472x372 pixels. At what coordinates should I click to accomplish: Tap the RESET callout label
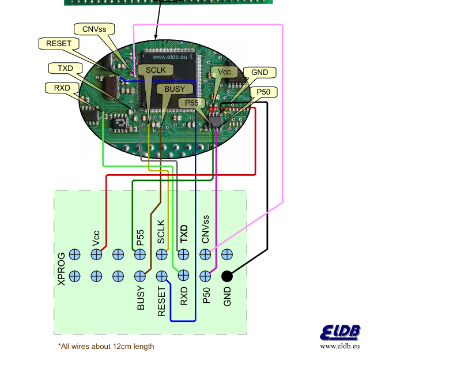coord(58,43)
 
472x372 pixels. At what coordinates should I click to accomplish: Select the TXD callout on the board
coord(65,68)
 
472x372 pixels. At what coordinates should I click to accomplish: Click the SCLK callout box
coord(155,70)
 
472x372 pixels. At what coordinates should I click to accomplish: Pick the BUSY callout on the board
coord(175,89)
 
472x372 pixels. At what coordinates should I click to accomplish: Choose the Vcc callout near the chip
coord(224,72)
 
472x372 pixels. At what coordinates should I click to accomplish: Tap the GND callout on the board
coord(260,72)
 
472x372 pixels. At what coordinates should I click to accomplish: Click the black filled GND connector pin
coord(227,276)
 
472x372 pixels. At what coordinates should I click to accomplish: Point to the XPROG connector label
coord(62,268)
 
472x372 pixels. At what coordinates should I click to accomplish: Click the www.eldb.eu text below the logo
coord(341,346)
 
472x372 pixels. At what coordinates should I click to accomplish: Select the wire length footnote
coord(106,346)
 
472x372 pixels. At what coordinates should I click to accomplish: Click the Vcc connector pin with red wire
coord(96,254)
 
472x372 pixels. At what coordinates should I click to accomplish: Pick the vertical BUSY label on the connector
coord(141,298)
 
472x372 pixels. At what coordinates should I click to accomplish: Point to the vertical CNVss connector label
coord(205,231)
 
